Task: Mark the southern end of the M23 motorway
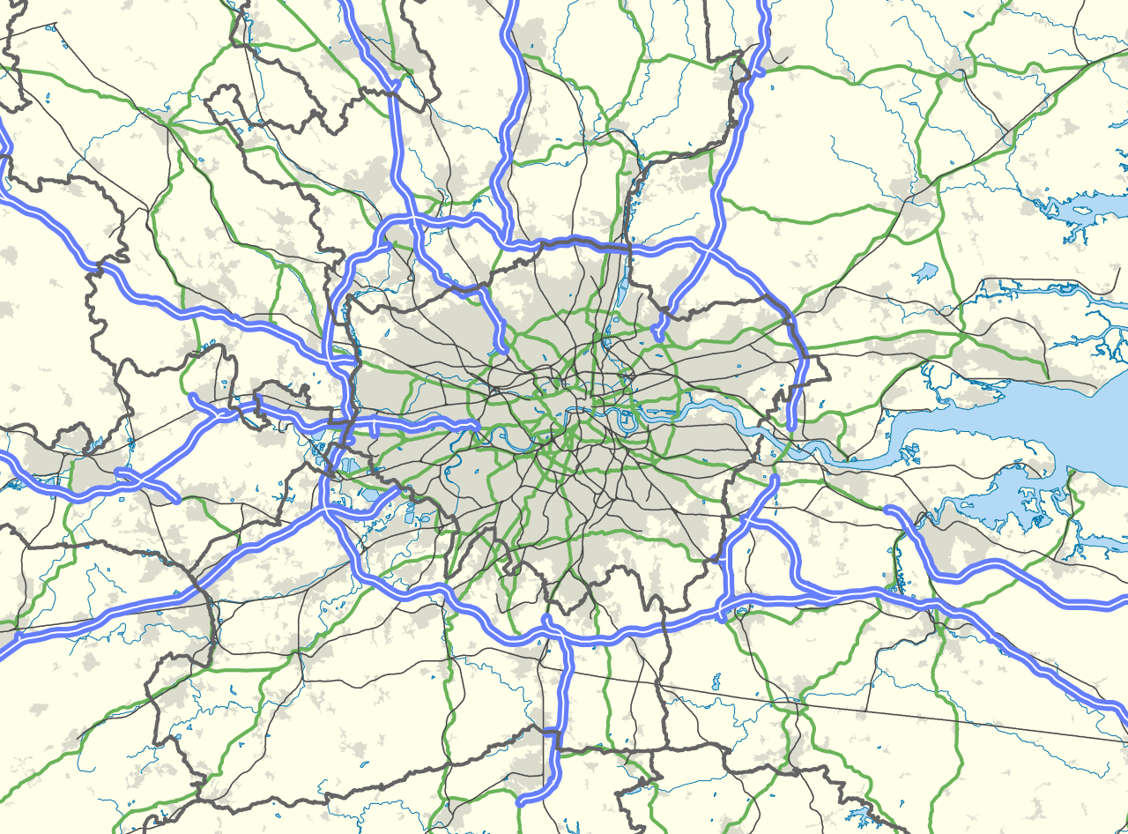521,802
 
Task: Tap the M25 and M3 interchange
328,509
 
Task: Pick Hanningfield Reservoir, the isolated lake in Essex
924,272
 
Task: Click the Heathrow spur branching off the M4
376,430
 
